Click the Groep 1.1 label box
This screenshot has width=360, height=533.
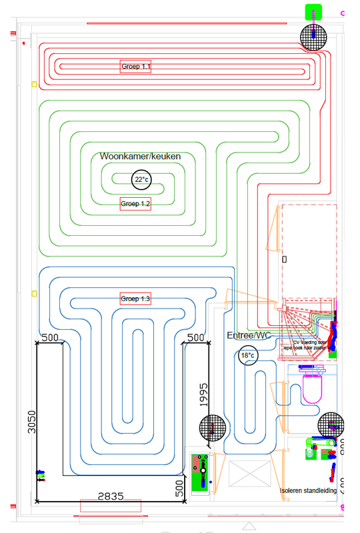[135, 67]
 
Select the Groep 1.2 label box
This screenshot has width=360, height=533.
[135, 204]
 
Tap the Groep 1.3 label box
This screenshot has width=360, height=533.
[135, 298]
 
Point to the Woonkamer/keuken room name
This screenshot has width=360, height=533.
[141, 156]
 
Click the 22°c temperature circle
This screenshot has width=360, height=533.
[141, 180]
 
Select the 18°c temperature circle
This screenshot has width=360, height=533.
[247, 356]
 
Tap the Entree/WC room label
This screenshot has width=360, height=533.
[249, 335]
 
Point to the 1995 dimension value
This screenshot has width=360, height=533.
[204, 394]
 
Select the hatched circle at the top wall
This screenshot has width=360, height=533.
[315, 37]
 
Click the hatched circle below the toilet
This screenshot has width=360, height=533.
[331, 424]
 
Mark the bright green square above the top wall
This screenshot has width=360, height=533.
[313, 11]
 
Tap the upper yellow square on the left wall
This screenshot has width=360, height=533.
[34, 85]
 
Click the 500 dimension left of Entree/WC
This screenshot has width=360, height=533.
[195, 338]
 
